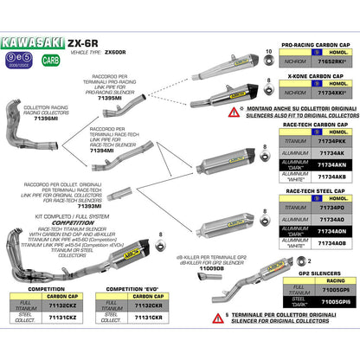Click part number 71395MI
tap(111, 100)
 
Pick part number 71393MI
tap(104, 207)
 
